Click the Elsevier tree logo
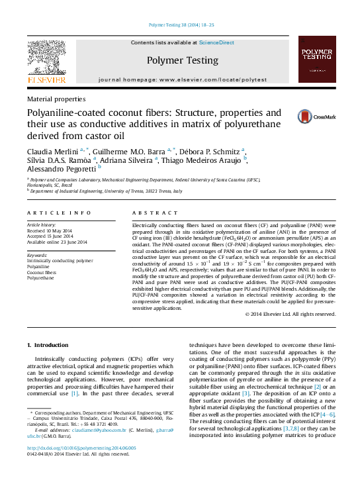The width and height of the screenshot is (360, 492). (46, 60)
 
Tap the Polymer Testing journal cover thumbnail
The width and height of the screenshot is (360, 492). (316, 59)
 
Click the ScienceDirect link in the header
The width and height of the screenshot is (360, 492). (216, 42)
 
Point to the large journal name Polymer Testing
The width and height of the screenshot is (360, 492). (182, 60)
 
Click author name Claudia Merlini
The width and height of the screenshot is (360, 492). (52, 150)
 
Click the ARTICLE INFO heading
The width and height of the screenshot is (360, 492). (59, 213)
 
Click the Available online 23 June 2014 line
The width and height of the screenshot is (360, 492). (57, 241)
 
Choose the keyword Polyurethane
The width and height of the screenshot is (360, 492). (42, 277)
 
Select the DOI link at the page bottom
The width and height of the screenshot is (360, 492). (81, 466)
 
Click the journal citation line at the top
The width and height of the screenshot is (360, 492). (180, 24)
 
